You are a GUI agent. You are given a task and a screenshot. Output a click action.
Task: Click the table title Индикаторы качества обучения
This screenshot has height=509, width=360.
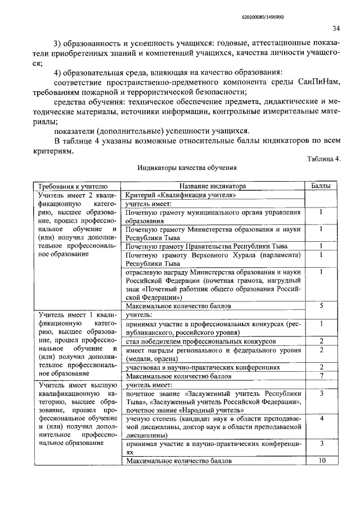tap(187, 168)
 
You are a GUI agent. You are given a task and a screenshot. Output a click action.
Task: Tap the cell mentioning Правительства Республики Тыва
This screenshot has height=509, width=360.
tap(206, 246)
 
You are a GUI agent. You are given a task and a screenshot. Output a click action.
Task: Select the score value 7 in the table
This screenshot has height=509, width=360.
tap(321, 375)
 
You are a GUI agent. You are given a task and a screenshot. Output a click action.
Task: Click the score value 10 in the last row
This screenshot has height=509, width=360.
tap(321, 461)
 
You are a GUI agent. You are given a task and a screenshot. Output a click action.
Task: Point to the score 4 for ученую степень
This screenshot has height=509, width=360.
tap(321, 418)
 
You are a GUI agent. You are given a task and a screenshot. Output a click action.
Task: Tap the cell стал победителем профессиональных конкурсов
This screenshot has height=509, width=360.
tap(200, 341)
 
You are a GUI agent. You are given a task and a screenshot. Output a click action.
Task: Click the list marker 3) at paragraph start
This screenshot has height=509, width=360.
tap(58, 44)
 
